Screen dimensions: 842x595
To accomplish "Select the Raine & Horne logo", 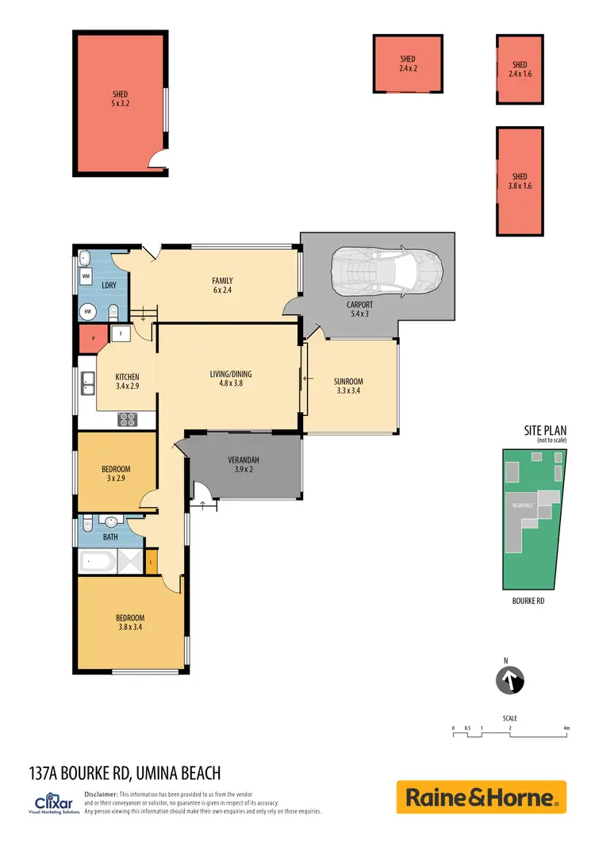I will click(x=481, y=797).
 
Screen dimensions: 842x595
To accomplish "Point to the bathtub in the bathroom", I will click(x=97, y=563).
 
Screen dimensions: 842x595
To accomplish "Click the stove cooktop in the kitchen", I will click(x=129, y=419).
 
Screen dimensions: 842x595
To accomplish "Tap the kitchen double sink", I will click(x=86, y=388).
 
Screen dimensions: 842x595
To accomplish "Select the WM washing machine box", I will click(x=86, y=276).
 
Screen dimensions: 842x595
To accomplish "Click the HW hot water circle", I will click(x=86, y=312).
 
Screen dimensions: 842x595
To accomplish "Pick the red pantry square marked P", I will click(x=94, y=337).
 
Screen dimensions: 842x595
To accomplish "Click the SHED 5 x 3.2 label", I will click(x=121, y=99).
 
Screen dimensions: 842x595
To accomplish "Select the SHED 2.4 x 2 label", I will click(x=408, y=64).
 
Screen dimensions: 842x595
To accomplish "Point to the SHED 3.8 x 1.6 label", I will click(x=520, y=181).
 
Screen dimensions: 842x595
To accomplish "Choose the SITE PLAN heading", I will click(x=542, y=430).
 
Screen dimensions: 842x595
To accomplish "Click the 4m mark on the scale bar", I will click(x=566, y=727).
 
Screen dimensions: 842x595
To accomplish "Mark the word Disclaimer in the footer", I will click(x=100, y=794).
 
